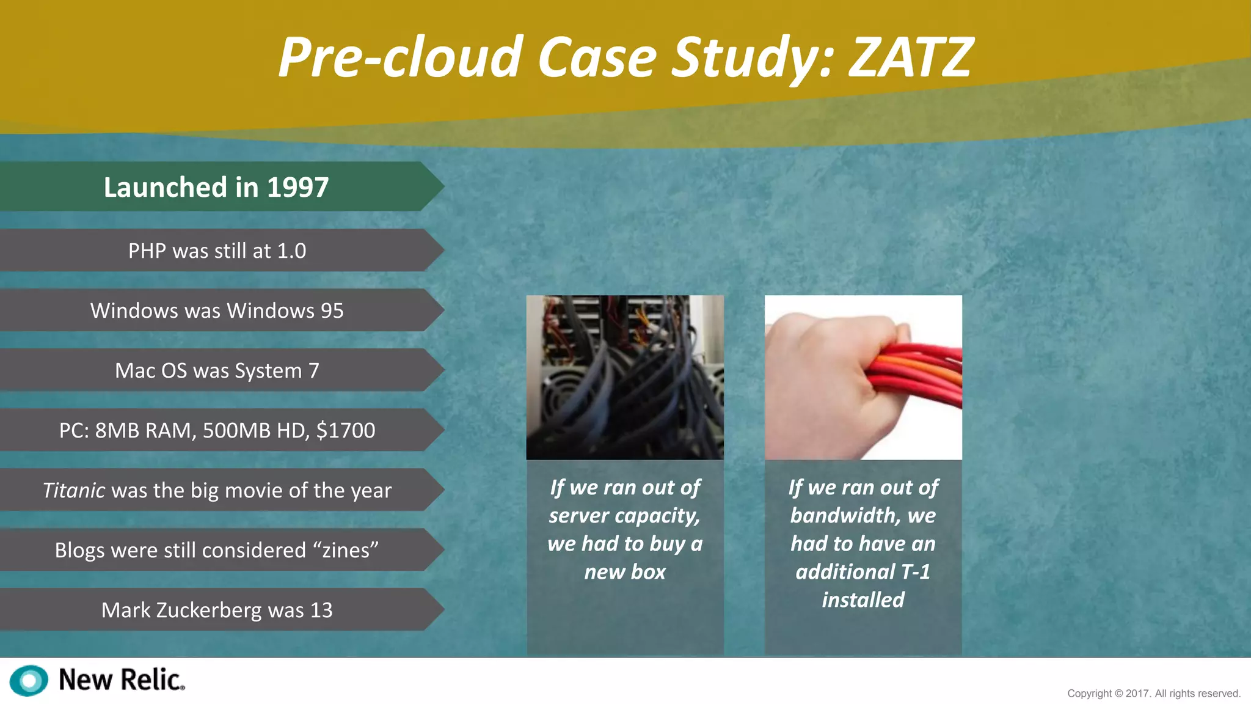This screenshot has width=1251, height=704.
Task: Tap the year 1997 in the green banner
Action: pos(297,187)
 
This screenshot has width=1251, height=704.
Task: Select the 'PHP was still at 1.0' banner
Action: pos(217,251)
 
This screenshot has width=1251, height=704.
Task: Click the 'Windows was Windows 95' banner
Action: pos(217,310)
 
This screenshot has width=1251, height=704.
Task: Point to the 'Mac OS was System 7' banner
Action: pos(217,370)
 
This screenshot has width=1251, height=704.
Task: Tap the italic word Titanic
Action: pos(73,490)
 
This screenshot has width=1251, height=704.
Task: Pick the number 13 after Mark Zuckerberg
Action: pos(321,610)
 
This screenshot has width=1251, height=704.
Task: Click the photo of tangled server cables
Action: pos(625,377)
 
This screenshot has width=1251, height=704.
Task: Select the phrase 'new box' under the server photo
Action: pos(625,572)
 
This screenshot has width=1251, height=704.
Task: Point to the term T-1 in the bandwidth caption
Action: pos(915,572)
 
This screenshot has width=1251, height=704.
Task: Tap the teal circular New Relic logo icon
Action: pos(29,680)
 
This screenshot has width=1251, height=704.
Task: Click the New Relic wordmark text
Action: pos(121,680)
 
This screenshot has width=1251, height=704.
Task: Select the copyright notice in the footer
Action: pos(1153,694)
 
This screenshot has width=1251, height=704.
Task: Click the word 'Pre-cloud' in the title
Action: pos(400,57)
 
